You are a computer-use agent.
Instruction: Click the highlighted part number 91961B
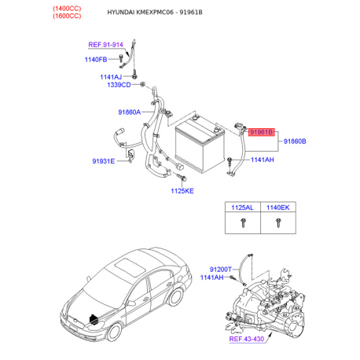coord(261,132)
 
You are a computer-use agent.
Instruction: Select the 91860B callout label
coord(295,141)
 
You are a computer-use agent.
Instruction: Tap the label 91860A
coord(130,112)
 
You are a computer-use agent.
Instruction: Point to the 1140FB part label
coord(96,60)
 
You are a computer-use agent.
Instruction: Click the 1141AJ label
coord(111,77)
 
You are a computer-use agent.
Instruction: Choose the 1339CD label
coord(119,85)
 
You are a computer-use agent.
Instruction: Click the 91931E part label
coord(104,161)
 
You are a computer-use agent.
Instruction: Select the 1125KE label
coord(182,191)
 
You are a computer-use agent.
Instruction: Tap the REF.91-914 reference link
coord(105,45)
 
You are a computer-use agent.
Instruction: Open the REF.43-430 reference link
coord(247,339)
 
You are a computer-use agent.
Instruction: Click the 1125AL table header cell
coord(243,208)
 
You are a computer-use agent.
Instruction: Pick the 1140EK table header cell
coord(278,208)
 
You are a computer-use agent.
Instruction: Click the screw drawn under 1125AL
coord(244,222)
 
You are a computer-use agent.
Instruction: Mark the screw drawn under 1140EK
coord(278,222)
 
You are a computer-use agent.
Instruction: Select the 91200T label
coord(221,270)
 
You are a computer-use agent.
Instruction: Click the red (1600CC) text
coord(67,16)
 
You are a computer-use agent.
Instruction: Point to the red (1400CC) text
coord(67,9)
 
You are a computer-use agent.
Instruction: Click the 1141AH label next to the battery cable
coord(263,160)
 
